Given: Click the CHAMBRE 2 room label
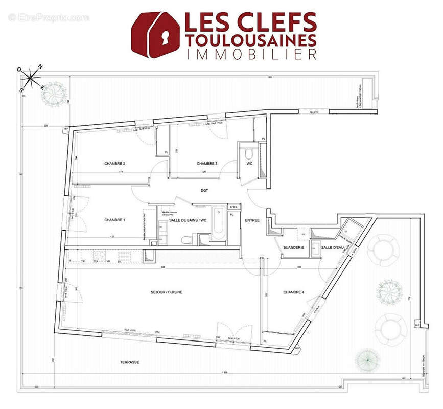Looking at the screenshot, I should click(x=115, y=164).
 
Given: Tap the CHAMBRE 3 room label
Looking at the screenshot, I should click(x=207, y=164).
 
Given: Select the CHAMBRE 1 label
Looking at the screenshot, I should click(x=115, y=220).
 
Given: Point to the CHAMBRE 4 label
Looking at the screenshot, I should click(x=294, y=292).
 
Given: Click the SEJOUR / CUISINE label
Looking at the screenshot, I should click(x=167, y=292).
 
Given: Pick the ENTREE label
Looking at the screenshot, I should click(x=252, y=220).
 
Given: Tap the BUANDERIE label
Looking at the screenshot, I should click(x=294, y=247).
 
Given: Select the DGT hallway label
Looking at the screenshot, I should click(x=205, y=190).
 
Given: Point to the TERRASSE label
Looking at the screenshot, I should click(x=129, y=362).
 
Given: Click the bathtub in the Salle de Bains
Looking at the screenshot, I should click(x=219, y=222).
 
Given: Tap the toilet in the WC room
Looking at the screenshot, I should click(x=249, y=153).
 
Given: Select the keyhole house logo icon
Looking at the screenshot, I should click(x=154, y=34).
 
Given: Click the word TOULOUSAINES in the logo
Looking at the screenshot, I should click(x=250, y=40).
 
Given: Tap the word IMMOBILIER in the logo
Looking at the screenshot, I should click(x=250, y=54).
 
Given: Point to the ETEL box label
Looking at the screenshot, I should click(x=234, y=207).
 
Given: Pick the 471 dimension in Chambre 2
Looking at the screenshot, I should click(x=122, y=172).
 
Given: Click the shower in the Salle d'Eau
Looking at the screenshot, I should click(x=351, y=229).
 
